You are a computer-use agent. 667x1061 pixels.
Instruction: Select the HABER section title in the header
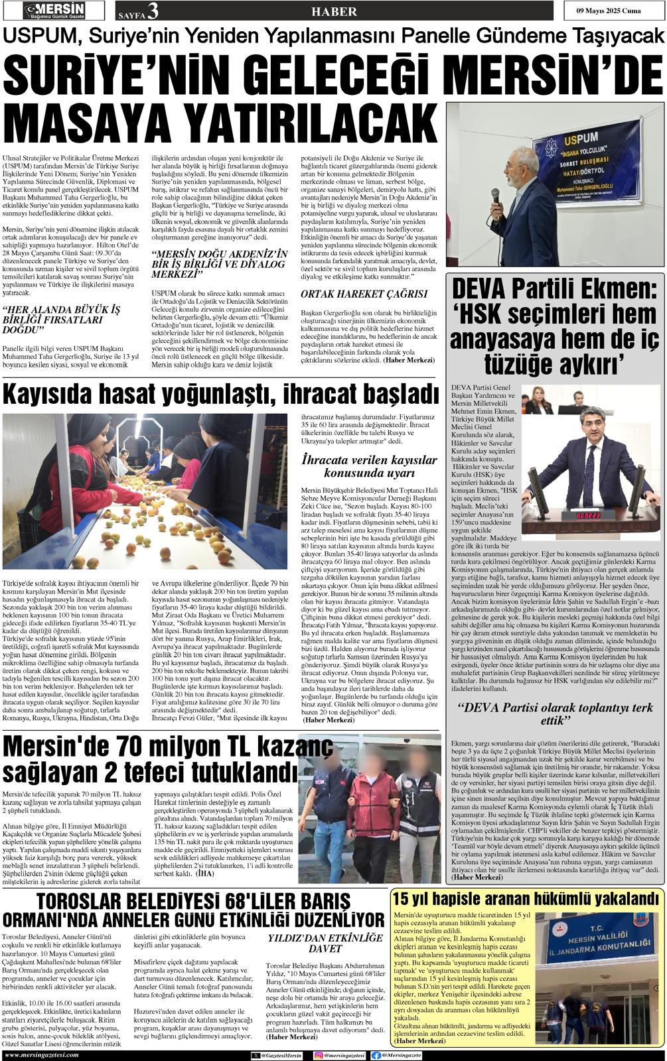click(333, 11)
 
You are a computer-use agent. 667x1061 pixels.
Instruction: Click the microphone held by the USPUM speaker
click(494, 197)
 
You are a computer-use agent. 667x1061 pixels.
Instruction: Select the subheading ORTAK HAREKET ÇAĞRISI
click(364, 293)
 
